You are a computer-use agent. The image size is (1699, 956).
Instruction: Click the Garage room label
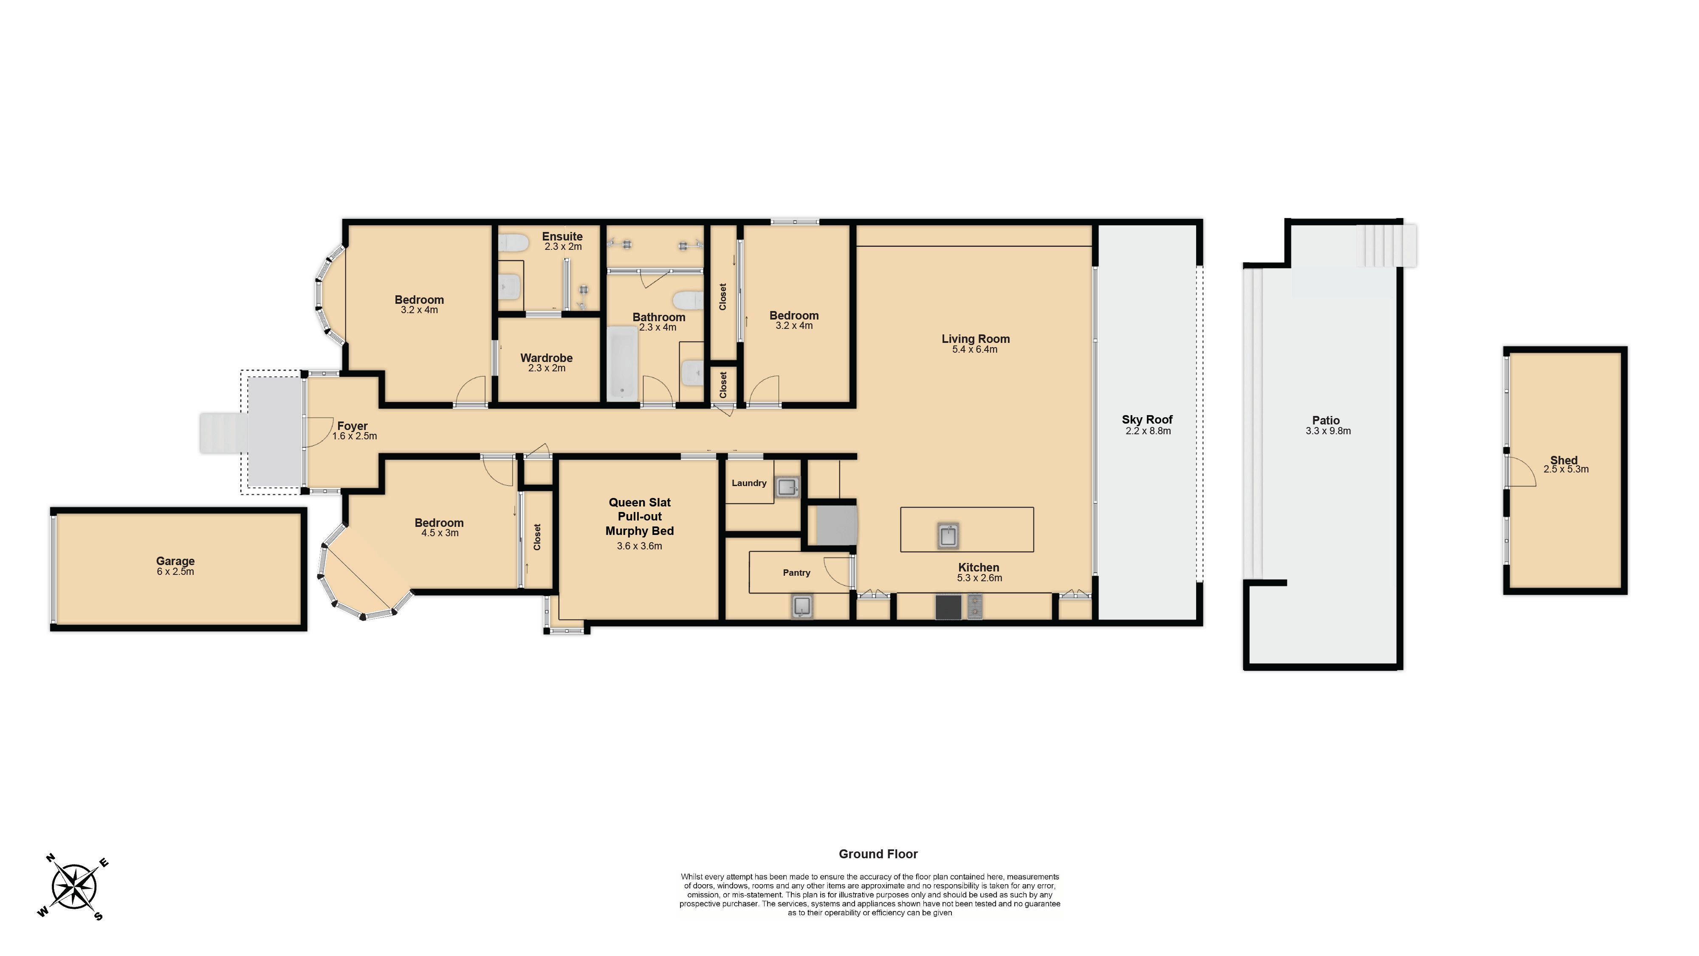(x=175, y=561)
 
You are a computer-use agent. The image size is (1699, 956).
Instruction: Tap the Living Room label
(x=976, y=339)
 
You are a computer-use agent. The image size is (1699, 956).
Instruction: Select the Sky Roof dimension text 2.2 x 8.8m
(x=1148, y=431)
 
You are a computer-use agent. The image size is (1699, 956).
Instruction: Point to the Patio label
(x=1326, y=420)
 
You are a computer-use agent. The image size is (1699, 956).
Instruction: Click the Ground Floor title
(x=878, y=854)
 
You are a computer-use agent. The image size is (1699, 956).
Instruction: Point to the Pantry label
(x=797, y=573)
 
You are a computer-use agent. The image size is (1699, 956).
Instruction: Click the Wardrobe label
(x=546, y=358)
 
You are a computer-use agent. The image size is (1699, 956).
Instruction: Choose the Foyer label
(x=352, y=426)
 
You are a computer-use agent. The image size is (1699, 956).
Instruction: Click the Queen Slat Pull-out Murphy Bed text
(x=640, y=517)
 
